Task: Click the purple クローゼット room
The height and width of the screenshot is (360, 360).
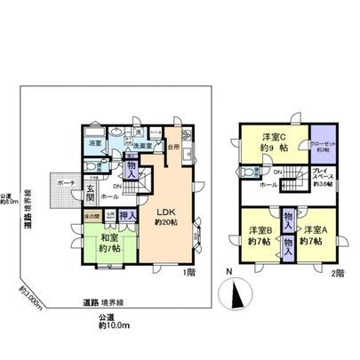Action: pos(323,144)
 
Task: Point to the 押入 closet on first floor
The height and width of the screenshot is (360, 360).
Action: pos(128,215)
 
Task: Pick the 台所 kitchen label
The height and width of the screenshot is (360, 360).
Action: pos(175,145)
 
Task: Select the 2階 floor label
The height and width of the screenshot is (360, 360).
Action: pos(340,273)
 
